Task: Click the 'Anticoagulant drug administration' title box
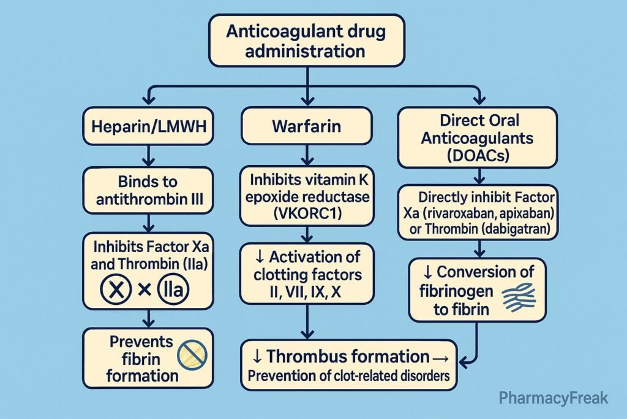[x=306, y=40]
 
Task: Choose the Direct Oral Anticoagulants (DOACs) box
[x=478, y=137]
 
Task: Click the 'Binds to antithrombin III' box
[x=148, y=191]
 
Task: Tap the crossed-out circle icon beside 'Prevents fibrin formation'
[x=192, y=354]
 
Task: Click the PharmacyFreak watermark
[x=553, y=398]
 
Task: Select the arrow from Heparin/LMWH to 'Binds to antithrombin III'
[x=148, y=155]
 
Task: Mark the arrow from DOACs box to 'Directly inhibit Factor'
[x=478, y=176]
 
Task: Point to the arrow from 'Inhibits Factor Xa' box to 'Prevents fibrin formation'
[x=148, y=318]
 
